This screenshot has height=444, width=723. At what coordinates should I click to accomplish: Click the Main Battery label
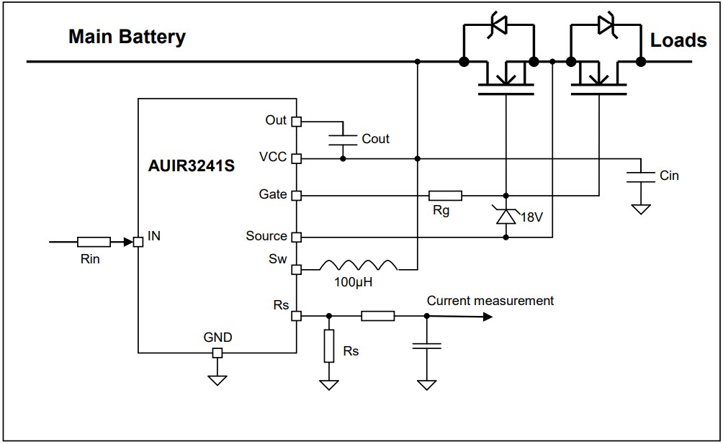(x=127, y=37)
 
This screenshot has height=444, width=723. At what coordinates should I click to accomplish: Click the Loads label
(x=678, y=41)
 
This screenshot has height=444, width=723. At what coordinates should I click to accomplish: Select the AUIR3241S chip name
(x=192, y=166)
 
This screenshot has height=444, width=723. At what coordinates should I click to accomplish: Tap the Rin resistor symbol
(x=94, y=243)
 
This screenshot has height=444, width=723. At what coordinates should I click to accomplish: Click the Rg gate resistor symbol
(x=445, y=195)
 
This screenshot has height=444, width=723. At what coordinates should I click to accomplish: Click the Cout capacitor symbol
(x=343, y=139)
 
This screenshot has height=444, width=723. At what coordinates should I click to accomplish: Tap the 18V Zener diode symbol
(x=506, y=216)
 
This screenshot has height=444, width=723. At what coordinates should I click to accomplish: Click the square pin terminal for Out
(x=296, y=121)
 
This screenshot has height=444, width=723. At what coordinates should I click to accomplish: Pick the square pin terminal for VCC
(x=296, y=158)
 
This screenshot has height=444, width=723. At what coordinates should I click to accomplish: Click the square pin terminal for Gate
(x=296, y=195)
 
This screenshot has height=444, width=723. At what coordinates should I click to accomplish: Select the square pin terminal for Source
(x=296, y=236)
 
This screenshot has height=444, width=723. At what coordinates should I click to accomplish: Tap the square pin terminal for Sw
(x=296, y=270)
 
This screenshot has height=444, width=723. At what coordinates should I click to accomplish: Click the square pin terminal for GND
(x=217, y=353)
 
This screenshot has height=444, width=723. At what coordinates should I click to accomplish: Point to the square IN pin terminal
(x=138, y=243)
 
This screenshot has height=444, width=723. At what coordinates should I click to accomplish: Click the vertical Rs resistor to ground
(x=329, y=346)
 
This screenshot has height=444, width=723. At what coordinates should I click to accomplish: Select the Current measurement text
(x=490, y=301)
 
